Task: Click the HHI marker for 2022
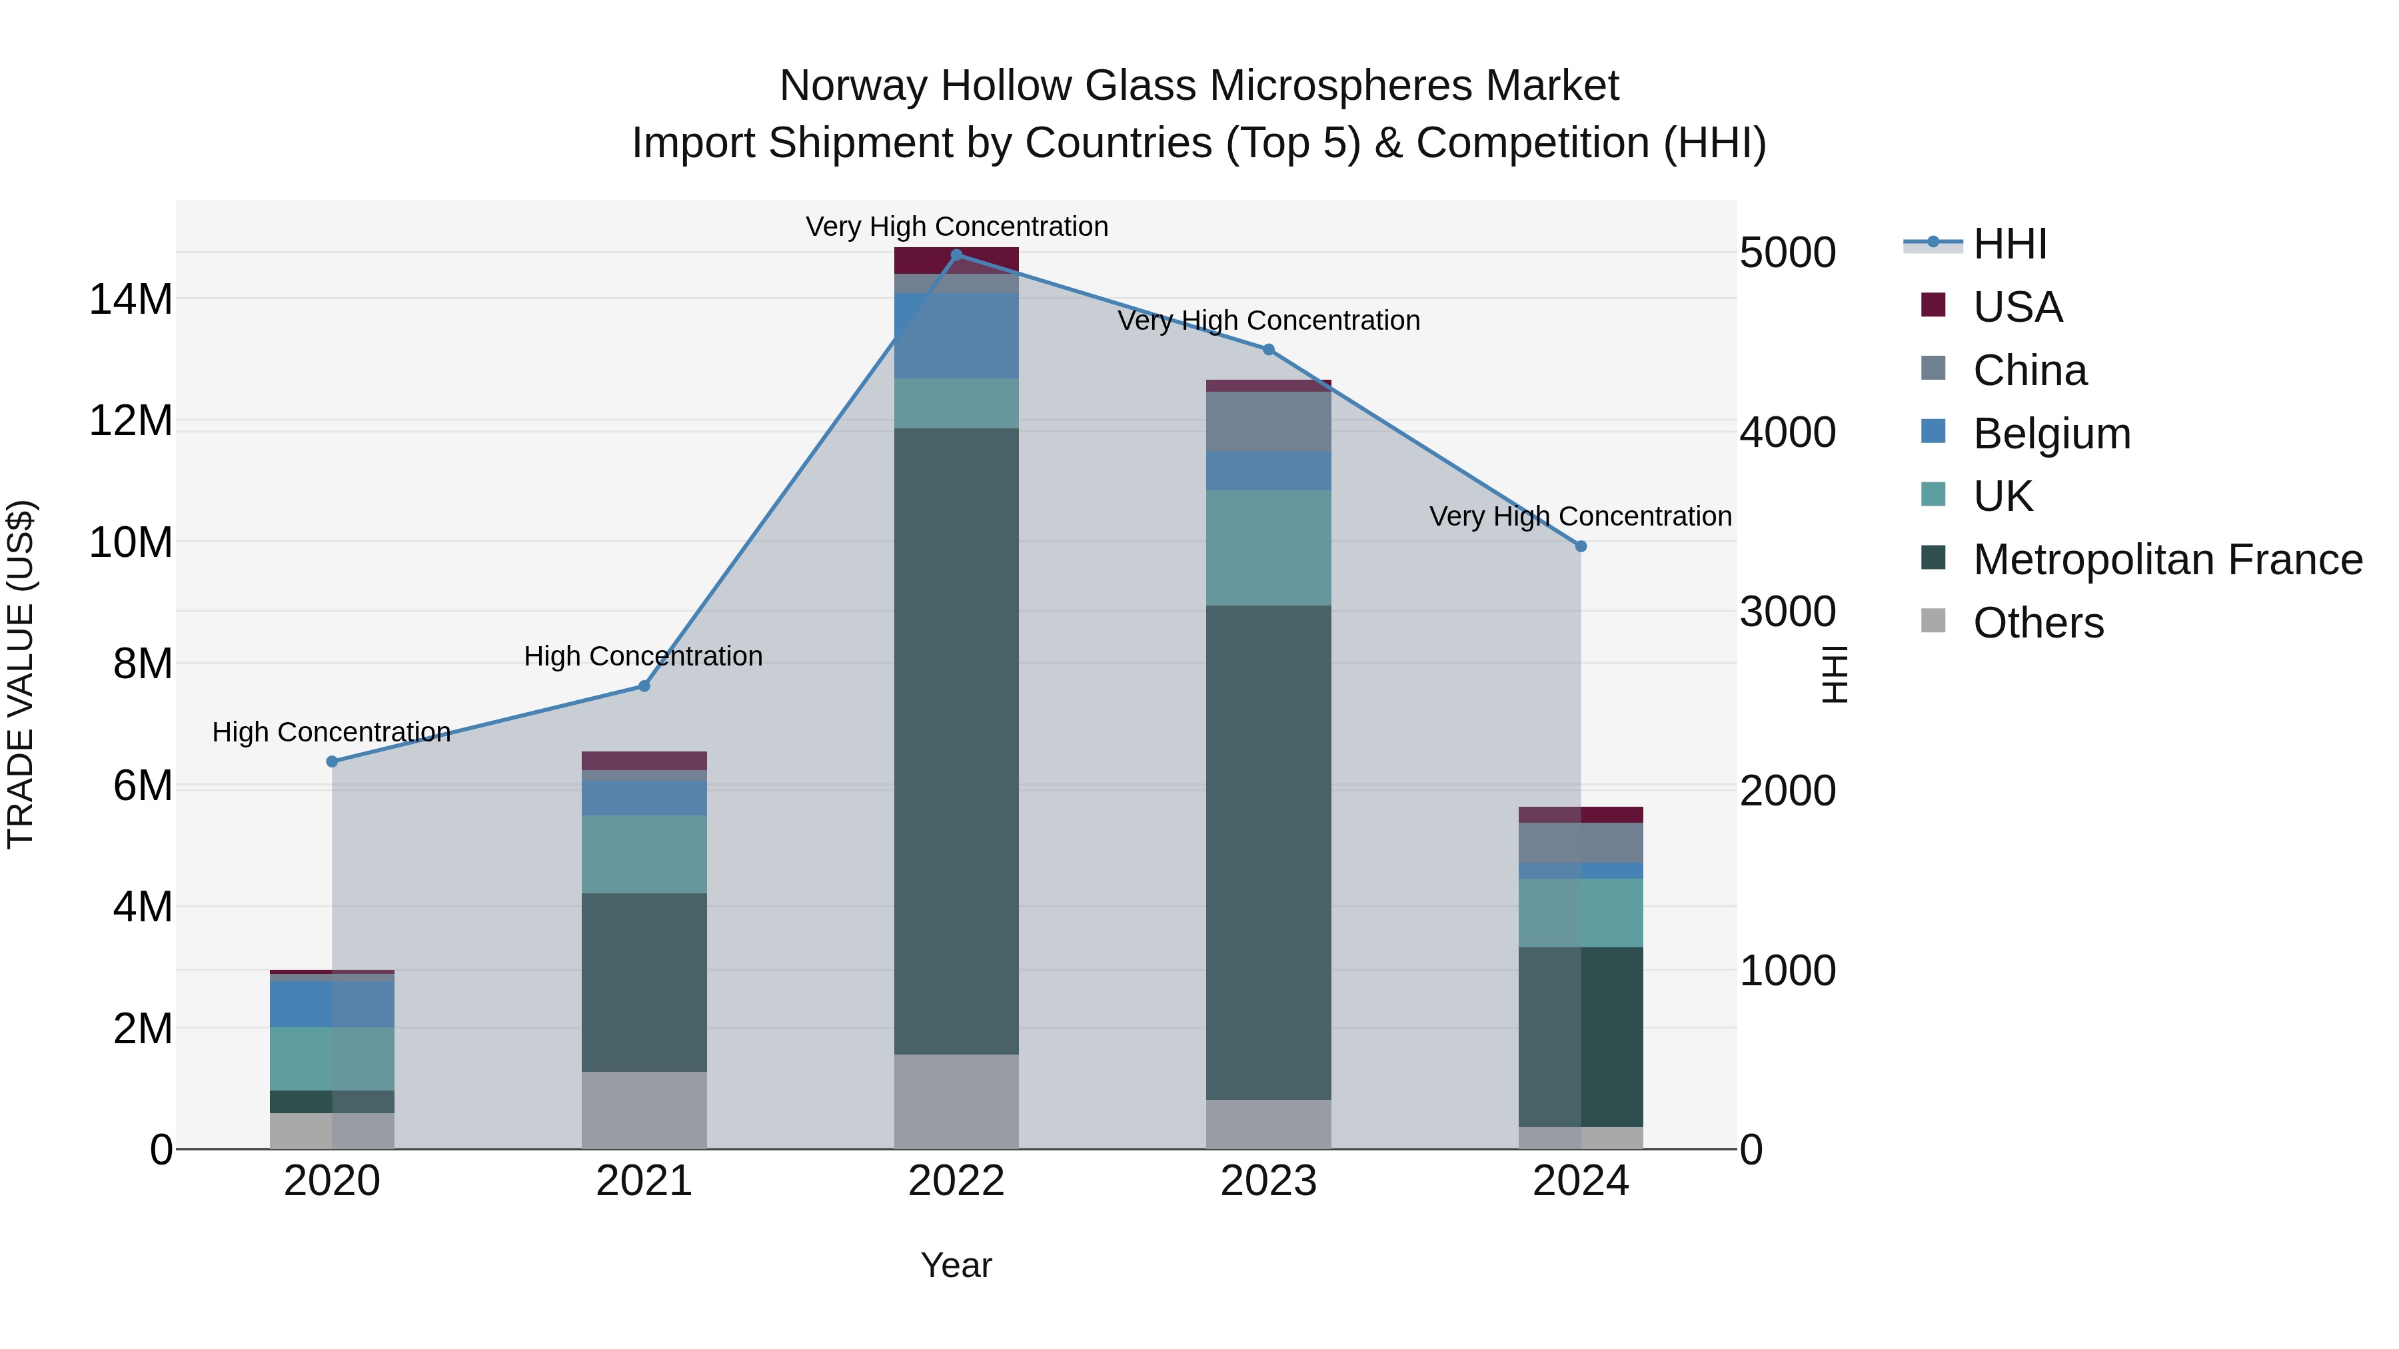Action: coord(956,255)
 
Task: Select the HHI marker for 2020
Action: coord(333,761)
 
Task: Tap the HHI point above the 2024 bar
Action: coord(1581,546)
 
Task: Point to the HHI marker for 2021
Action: coord(644,686)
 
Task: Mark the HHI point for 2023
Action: coord(1268,350)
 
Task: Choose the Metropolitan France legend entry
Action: coord(2167,560)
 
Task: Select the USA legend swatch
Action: coord(1933,305)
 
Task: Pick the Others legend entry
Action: coord(2038,623)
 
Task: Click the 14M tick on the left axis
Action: coord(131,300)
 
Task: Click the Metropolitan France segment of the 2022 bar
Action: coord(956,740)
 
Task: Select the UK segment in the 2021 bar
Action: coord(644,854)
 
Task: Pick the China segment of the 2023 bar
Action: coord(1268,421)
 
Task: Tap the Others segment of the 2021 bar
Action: coord(644,1110)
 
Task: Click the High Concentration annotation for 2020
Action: coord(332,733)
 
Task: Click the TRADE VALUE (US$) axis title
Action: coord(21,674)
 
